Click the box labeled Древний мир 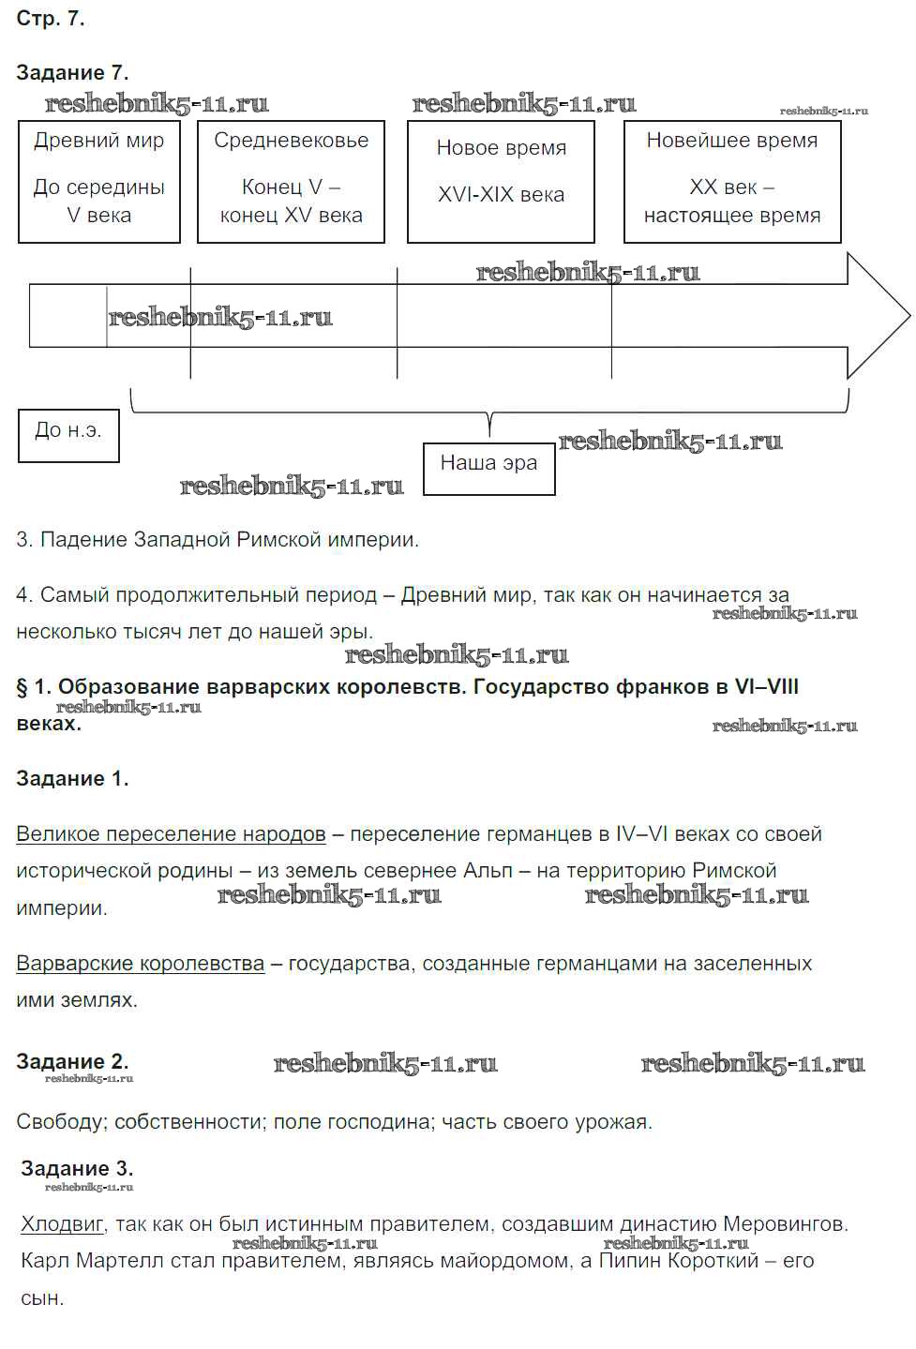pos(98,181)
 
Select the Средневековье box pos(291,181)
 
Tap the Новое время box pos(501,181)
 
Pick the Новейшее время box pos(732,181)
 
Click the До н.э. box pos(68,435)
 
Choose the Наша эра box pos(488,469)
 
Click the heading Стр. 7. pos(51,19)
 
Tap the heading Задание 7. pos(72,73)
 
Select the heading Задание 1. pos(72,779)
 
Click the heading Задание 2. pos(72,1062)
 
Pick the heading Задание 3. pos(77,1169)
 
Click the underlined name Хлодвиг pos(62,1224)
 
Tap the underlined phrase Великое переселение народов pos(171,834)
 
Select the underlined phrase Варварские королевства pos(140,964)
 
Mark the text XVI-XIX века pos(501,195)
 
